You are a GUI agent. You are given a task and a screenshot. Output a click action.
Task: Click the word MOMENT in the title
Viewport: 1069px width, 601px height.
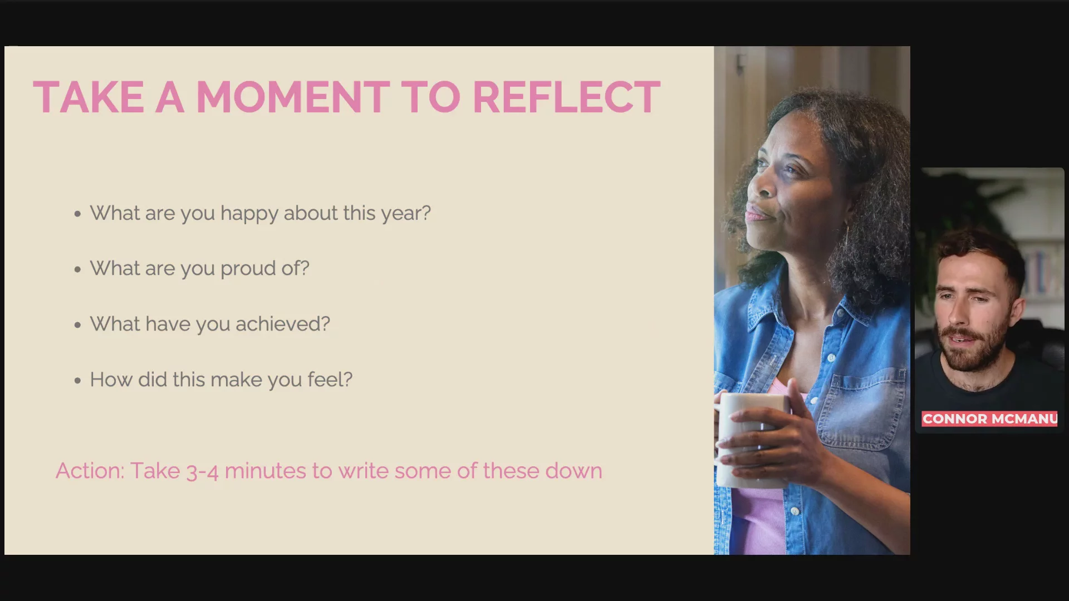tap(293, 97)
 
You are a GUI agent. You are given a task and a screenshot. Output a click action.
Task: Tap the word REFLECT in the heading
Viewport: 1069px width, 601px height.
tap(566, 97)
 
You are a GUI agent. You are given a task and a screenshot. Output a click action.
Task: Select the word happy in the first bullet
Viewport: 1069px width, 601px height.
tap(249, 214)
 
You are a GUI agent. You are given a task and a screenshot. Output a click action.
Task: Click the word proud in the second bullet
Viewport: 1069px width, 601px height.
tap(248, 269)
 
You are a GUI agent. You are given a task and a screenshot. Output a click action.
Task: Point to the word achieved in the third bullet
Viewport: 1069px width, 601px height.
tap(283, 324)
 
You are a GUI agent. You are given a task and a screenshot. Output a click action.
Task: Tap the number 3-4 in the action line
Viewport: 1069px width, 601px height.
tap(202, 472)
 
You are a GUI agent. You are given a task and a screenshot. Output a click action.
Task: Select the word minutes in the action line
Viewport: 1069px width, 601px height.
tap(266, 471)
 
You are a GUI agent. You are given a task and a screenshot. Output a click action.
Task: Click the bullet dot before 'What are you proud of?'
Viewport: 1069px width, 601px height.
tap(77, 269)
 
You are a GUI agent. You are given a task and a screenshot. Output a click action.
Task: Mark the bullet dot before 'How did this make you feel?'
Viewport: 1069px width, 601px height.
tap(77, 381)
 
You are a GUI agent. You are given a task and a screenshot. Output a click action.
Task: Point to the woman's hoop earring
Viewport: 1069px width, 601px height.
tap(847, 237)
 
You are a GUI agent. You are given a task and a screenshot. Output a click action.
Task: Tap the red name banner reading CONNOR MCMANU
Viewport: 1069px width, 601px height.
tap(989, 419)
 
